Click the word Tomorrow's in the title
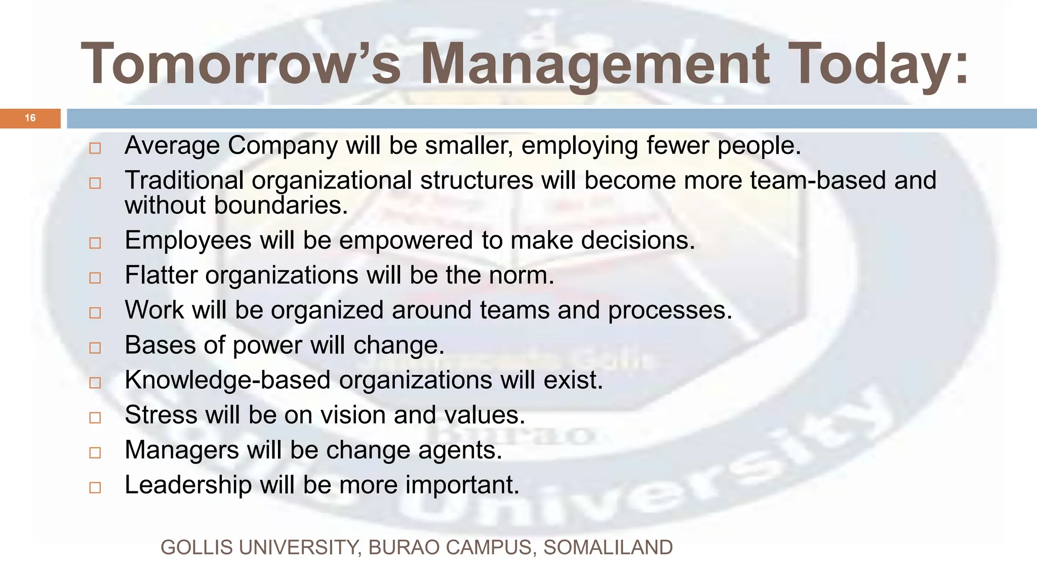pyautogui.click(x=241, y=64)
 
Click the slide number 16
pyautogui.click(x=30, y=118)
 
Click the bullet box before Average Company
pyautogui.click(x=95, y=148)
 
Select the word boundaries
pyautogui.click(x=281, y=205)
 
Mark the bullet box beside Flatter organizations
pyautogui.click(x=95, y=278)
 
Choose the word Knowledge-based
pyautogui.click(x=227, y=380)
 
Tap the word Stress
pyautogui.click(x=161, y=415)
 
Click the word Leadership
pyautogui.click(x=188, y=485)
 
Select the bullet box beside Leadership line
pyautogui.click(x=95, y=488)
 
